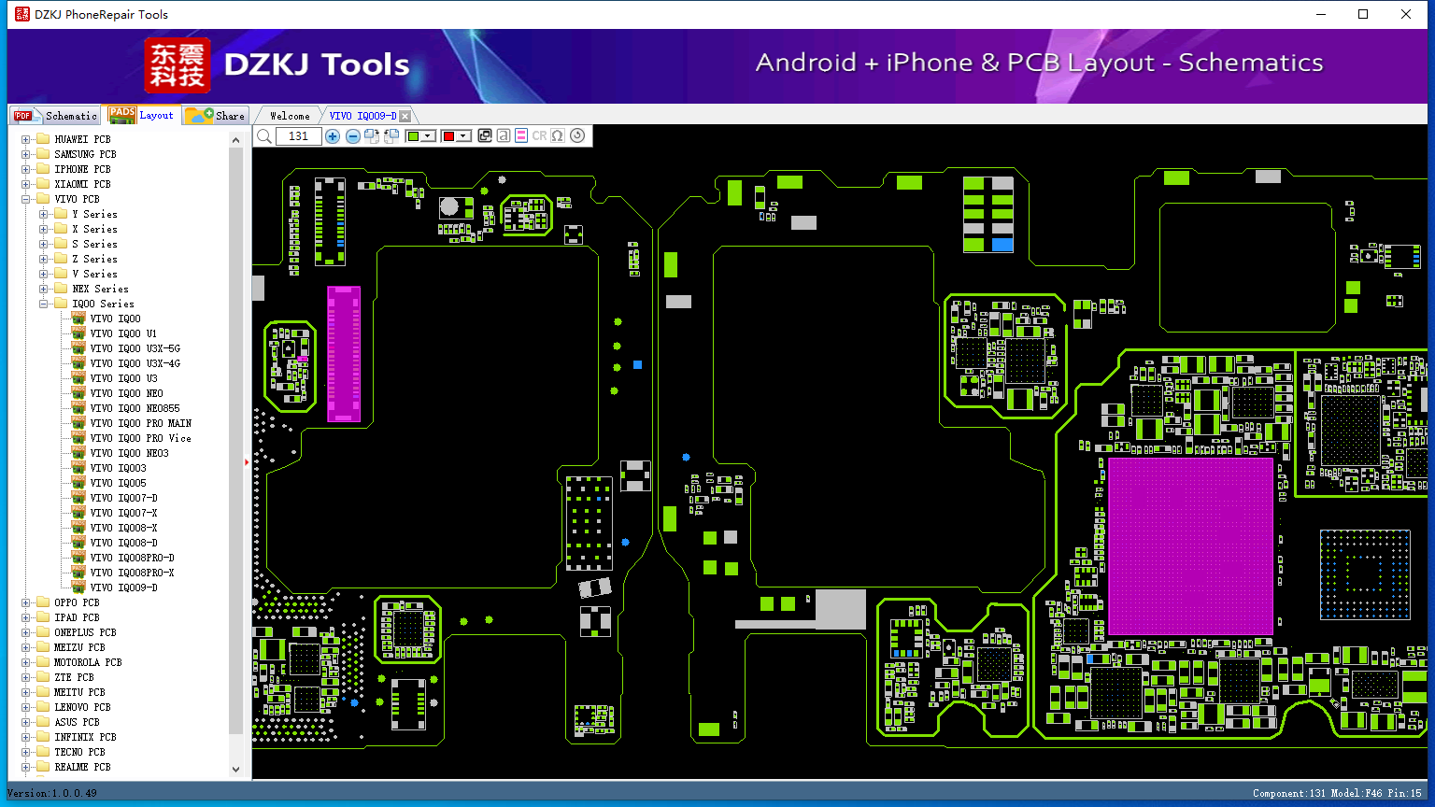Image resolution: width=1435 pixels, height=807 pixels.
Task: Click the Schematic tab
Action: click(x=56, y=115)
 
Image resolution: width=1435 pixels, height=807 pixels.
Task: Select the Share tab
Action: click(x=216, y=115)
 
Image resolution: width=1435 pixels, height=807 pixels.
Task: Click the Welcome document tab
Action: click(x=290, y=116)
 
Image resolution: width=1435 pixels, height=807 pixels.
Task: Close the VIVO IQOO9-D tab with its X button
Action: click(x=405, y=116)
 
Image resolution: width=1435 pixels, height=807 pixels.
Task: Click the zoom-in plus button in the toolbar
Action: click(x=332, y=135)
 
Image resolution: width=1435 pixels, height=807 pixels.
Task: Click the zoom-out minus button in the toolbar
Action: click(x=352, y=135)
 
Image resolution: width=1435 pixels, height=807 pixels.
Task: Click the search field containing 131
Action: click(x=298, y=135)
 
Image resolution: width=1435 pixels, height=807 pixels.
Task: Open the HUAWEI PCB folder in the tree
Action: click(x=82, y=139)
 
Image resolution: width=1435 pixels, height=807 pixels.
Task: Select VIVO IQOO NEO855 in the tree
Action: click(x=135, y=408)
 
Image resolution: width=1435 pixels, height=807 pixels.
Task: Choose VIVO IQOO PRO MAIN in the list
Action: click(x=140, y=423)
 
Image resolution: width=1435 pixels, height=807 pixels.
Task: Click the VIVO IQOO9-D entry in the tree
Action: click(x=123, y=588)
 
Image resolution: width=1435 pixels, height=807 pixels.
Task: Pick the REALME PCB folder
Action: click(x=82, y=767)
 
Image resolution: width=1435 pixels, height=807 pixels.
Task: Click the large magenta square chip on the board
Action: click(x=1190, y=545)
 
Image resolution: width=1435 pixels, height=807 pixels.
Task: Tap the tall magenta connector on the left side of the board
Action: click(x=344, y=354)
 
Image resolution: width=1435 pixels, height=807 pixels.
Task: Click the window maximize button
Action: click(x=1363, y=14)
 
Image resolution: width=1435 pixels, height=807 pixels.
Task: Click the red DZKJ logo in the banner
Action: click(x=177, y=65)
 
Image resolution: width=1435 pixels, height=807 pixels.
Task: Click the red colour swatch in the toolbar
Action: click(x=448, y=135)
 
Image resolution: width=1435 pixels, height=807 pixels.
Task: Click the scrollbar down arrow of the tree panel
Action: click(x=235, y=770)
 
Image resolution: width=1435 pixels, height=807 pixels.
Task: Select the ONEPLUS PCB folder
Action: click(x=85, y=632)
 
